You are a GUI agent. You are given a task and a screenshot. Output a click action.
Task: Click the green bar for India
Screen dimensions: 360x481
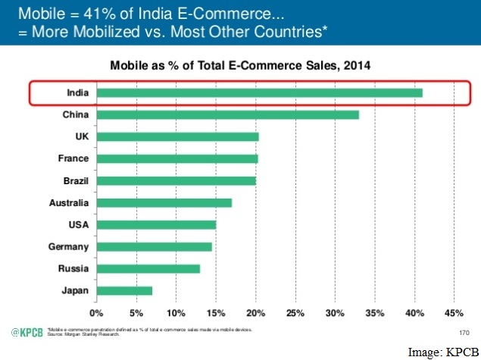pyautogui.click(x=259, y=93)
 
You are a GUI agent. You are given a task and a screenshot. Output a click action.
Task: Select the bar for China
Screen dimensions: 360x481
pyautogui.click(x=227, y=115)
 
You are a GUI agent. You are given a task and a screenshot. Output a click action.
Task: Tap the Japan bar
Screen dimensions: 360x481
pyautogui.click(x=124, y=290)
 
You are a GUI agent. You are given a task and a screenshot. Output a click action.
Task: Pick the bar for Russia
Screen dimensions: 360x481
pyautogui.click(x=148, y=268)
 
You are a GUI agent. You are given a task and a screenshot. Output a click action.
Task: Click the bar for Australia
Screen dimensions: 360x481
pyautogui.click(x=164, y=202)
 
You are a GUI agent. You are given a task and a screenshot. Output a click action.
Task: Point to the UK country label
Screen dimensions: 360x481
pyautogui.click(x=80, y=137)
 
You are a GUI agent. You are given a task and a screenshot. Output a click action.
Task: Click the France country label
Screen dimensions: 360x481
pyautogui.click(x=73, y=159)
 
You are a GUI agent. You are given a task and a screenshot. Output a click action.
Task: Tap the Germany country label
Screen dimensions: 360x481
pyautogui.click(x=69, y=247)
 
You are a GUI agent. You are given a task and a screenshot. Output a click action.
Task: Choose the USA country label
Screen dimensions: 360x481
pyautogui.click(x=77, y=225)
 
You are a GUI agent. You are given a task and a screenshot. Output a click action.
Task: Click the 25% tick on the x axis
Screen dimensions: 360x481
pyautogui.click(x=295, y=313)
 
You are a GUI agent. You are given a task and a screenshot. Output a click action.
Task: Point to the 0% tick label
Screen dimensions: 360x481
pyautogui.click(x=96, y=313)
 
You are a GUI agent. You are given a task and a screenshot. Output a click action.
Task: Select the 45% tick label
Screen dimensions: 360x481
pyautogui.click(x=454, y=313)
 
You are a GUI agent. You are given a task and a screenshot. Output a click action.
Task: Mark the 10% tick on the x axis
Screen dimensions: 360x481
pyautogui.click(x=176, y=313)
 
